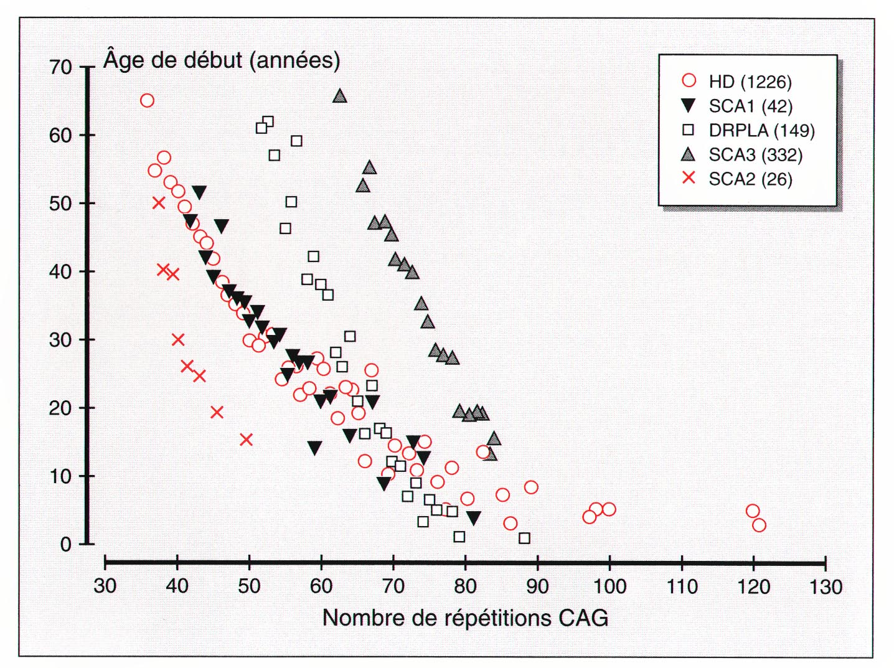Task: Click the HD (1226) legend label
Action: tap(750, 82)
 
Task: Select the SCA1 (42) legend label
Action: tap(751, 106)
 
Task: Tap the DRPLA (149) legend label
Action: tap(761, 130)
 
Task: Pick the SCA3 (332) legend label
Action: tap(756, 154)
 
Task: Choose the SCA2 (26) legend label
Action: tap(751, 179)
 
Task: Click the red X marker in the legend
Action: tap(689, 179)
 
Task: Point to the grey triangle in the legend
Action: tap(689, 154)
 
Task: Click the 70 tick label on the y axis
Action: tap(61, 67)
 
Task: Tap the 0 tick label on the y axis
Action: tap(66, 544)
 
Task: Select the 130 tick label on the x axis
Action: tap(826, 586)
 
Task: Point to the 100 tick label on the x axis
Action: tap(609, 586)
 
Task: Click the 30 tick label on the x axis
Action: tap(105, 586)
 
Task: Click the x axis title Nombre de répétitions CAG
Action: tap(465, 618)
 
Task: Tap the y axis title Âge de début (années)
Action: tap(222, 60)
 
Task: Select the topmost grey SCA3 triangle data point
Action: tap(339, 96)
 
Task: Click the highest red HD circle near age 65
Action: tap(147, 101)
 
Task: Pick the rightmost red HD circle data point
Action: tap(759, 525)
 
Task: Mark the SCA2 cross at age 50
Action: tap(159, 203)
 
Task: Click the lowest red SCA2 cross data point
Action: tap(246, 440)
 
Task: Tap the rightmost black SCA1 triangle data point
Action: tap(474, 518)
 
